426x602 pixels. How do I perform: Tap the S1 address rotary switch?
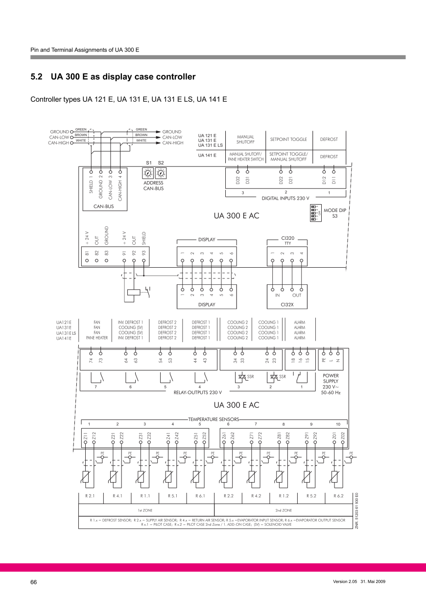click(148, 173)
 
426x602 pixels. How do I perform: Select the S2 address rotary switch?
click(161, 173)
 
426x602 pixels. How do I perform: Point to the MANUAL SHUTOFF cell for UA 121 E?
click(244, 139)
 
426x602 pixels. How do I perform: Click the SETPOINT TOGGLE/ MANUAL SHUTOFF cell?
click(288, 157)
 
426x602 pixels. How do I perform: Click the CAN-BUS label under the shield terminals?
click(104, 207)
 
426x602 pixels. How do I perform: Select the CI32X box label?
click(287, 304)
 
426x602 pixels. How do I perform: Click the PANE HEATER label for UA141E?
click(97, 338)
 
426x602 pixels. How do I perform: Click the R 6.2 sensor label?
click(338, 496)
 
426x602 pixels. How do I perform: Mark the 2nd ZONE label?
click(284, 510)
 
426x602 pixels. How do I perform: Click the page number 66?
click(34, 582)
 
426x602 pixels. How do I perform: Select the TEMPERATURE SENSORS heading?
click(214, 419)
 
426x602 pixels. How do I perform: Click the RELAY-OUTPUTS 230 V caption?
click(198, 392)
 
